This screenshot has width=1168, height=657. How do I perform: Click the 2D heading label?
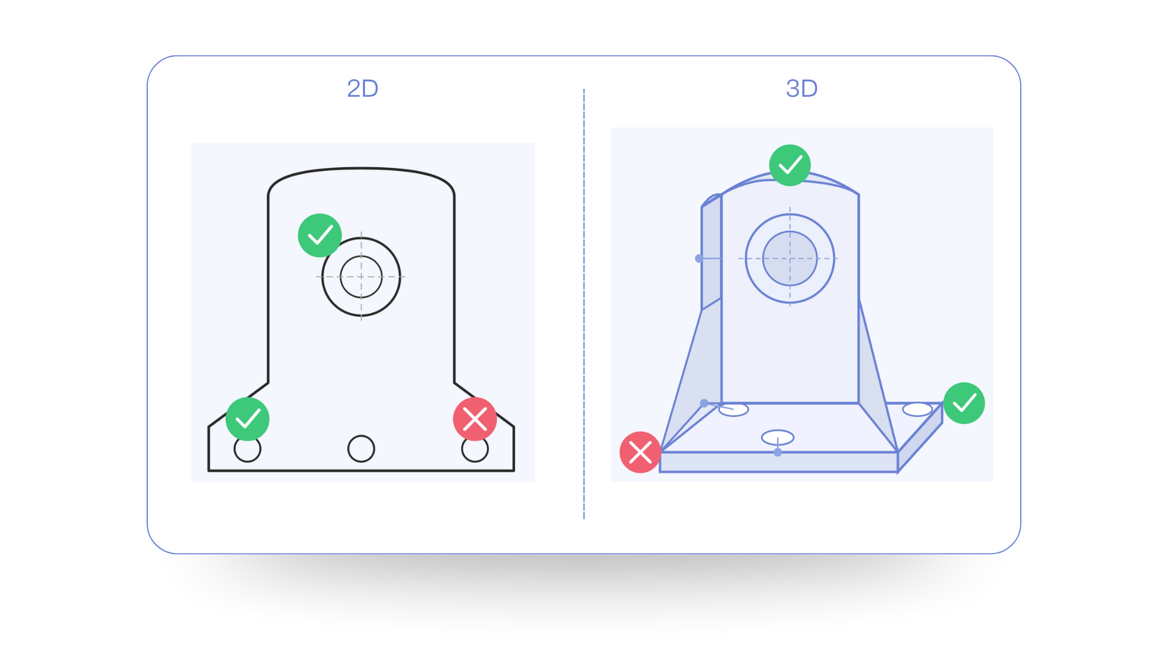(363, 89)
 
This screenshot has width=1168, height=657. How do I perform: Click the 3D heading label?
(802, 89)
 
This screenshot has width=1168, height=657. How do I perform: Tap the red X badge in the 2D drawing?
(474, 419)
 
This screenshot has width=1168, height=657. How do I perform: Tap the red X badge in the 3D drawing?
(640, 453)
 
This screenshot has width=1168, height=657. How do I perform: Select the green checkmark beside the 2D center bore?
(320, 235)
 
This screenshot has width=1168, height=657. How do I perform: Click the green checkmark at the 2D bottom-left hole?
(248, 419)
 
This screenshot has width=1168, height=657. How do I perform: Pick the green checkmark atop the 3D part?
(790, 165)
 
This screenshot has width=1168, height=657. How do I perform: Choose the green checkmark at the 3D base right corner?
(964, 403)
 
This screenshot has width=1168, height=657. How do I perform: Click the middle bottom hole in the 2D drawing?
(361, 449)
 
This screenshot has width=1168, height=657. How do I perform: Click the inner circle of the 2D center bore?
(361, 277)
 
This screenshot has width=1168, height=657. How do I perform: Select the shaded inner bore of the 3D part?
(790, 259)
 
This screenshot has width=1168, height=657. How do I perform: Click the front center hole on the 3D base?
(777, 437)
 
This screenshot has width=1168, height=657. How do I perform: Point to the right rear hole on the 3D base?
(917, 409)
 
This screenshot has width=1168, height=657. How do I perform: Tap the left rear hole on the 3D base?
(734, 410)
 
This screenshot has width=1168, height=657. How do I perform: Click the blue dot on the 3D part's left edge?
(699, 259)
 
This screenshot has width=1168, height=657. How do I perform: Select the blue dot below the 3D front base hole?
(777, 453)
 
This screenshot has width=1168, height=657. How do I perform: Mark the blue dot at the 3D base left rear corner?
(704, 403)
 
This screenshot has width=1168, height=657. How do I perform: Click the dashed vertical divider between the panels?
(583, 304)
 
